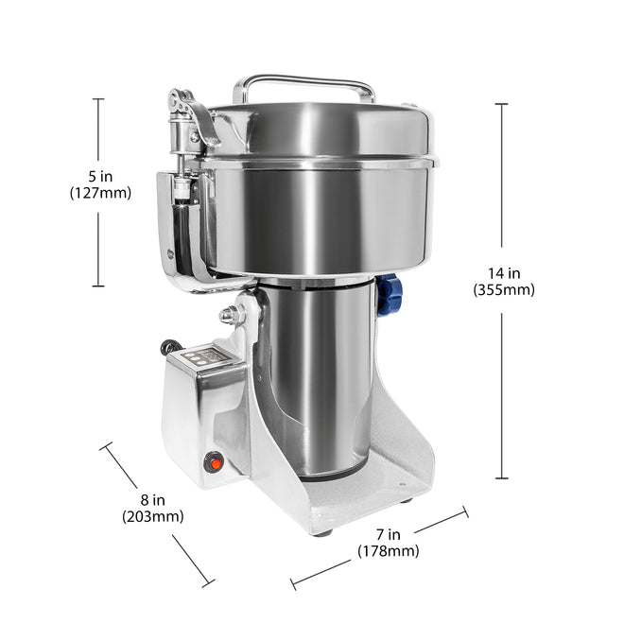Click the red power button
point(216,463)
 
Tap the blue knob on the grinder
point(390,295)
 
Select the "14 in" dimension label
point(504,273)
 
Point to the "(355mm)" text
point(504,289)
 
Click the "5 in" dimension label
point(100,176)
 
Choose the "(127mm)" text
point(100,193)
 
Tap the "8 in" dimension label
point(153,500)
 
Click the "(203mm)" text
point(153,516)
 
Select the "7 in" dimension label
point(388,534)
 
